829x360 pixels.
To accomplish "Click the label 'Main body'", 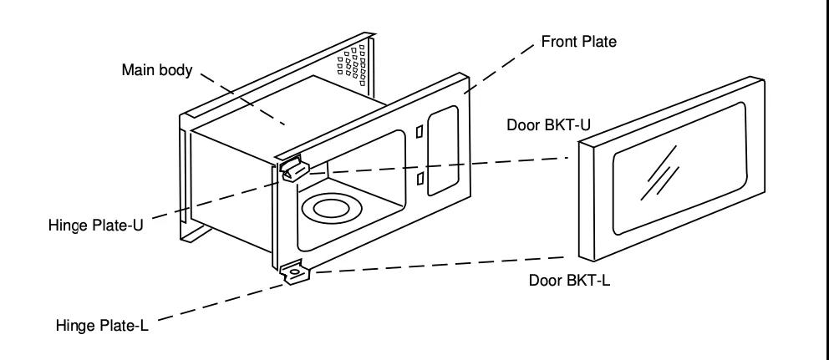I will pos(157,70).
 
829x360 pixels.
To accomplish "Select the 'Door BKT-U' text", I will pos(549,124).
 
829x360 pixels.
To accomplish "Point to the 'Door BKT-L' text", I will pos(569,280).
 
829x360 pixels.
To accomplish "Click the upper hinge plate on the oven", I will pos(293,169).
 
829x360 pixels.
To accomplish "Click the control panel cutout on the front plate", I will pos(442,150).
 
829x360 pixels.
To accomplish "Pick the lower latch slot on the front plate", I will pos(420,178).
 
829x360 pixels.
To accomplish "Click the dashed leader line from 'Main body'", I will pos(242,99).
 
